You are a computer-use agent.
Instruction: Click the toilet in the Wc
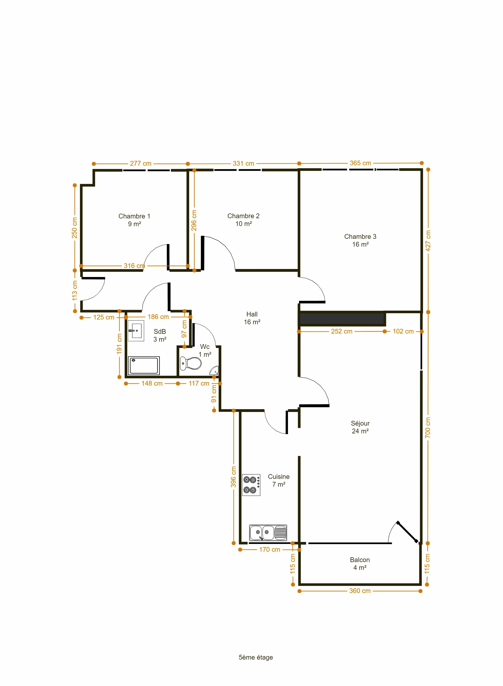tap(191, 363)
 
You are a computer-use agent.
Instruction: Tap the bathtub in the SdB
tap(144, 365)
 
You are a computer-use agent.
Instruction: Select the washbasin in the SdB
tap(136, 331)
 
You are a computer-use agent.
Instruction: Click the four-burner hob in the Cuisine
tap(251, 485)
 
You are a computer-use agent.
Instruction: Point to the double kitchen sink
tap(268, 533)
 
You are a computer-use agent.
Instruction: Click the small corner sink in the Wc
tap(214, 371)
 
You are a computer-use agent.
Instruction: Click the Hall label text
tap(252, 314)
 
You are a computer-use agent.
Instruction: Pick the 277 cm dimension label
tap(141, 163)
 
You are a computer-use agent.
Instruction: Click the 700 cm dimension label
tap(428, 428)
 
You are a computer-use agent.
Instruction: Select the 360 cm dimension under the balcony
tap(360, 591)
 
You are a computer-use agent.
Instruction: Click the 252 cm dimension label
tap(342, 331)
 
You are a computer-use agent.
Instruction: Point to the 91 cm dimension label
tap(214, 393)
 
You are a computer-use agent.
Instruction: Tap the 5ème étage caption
tap(256, 657)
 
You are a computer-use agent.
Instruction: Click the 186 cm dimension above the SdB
tap(158, 317)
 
